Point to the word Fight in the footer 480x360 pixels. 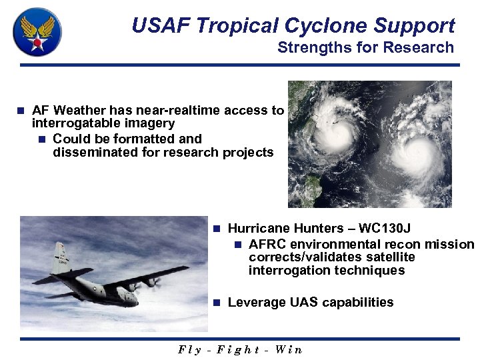coord(239,349)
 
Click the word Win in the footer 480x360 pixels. coord(288,349)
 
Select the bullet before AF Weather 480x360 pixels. coord(21,111)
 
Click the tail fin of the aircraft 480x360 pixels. coord(61,256)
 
